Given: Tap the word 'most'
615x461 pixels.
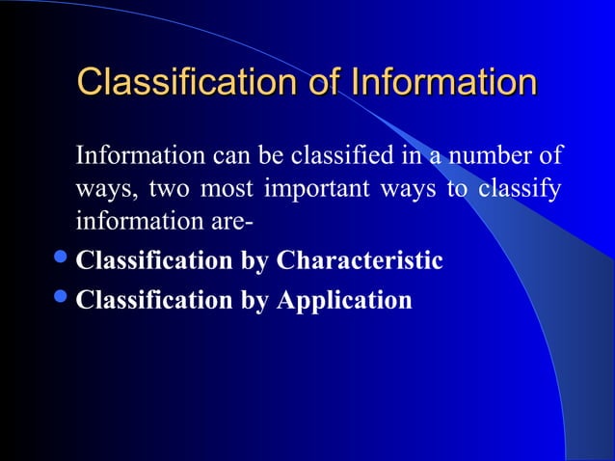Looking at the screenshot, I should tap(226, 188).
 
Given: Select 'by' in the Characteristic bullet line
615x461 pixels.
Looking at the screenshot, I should tap(254, 261).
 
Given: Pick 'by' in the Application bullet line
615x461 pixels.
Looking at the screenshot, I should tap(254, 301).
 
